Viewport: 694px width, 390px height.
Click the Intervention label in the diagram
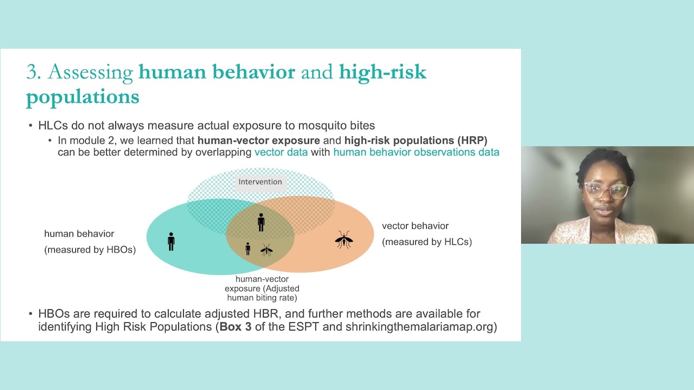pos(260,181)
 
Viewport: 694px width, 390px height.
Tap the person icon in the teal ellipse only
pos(171,242)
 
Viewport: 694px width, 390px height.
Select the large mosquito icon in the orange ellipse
pos(344,239)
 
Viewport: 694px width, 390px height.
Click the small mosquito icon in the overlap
pos(266,250)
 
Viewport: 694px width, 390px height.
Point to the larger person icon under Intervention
pos(261,222)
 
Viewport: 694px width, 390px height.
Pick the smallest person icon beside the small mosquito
pos(248,249)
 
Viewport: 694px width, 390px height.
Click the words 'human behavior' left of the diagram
pos(79,233)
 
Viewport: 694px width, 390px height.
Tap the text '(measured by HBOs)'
pos(90,250)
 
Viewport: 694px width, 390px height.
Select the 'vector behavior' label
pos(415,226)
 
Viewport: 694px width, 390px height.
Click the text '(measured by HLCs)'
pos(427,242)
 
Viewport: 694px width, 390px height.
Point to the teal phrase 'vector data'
pos(281,152)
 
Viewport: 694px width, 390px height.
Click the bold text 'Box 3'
pos(235,327)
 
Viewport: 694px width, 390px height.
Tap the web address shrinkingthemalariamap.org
pos(419,327)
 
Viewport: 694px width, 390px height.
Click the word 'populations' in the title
pos(83,97)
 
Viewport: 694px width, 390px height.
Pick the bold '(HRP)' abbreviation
pos(472,140)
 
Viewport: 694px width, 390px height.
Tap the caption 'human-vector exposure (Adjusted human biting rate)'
pos(262,289)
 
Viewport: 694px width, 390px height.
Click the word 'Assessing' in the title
pos(91,73)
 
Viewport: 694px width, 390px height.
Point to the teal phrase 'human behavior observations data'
pos(416,152)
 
